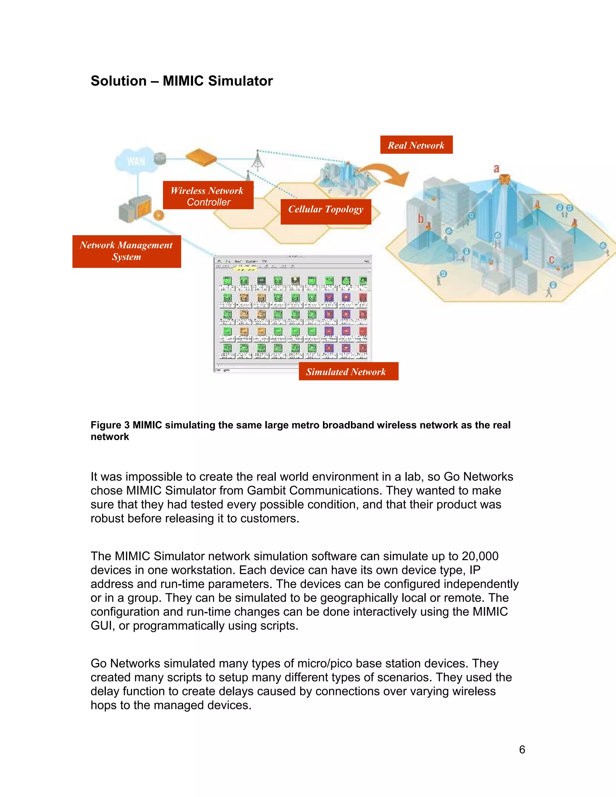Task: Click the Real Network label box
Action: [416, 145]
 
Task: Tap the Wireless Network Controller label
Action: [208, 195]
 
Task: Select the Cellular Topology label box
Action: [325, 212]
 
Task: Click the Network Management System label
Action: [126, 251]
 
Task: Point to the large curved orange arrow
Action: [387, 173]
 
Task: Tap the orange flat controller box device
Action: [201, 158]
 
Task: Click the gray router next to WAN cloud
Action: [159, 158]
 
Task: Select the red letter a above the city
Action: [496, 169]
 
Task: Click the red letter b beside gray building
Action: [420, 219]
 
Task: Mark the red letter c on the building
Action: [551, 260]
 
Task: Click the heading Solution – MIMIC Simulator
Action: [181, 81]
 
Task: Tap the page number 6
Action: [522, 749]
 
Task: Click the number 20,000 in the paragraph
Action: [480, 556]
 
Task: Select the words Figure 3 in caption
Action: [110, 425]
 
